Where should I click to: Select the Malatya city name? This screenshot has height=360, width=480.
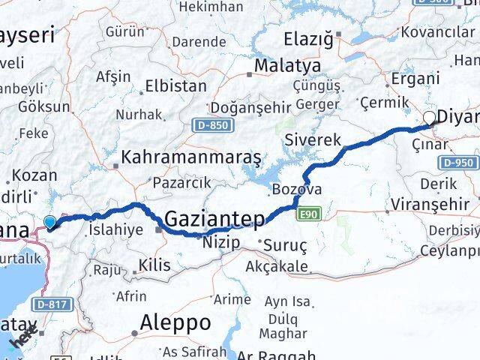[282, 67]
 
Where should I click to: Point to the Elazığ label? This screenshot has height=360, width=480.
[310, 38]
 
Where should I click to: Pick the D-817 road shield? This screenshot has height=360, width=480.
[50, 304]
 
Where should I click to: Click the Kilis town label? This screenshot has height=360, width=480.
[153, 264]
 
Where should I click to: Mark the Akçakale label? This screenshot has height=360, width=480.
[278, 266]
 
